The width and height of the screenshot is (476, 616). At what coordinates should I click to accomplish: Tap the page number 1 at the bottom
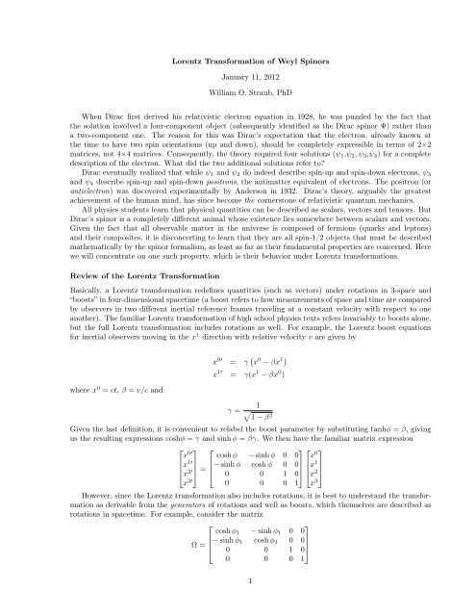tap(238, 579)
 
